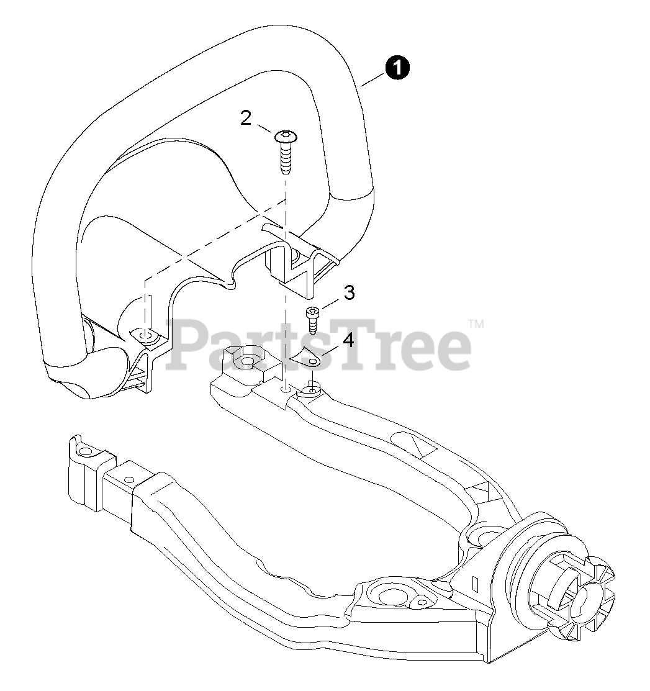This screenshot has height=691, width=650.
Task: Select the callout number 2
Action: click(246, 118)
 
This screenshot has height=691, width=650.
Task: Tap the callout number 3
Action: click(349, 292)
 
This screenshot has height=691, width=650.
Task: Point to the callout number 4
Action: click(348, 340)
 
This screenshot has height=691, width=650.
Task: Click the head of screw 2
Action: click(286, 135)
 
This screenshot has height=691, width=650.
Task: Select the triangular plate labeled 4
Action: click(309, 358)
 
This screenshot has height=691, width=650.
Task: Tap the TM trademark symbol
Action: click(476, 323)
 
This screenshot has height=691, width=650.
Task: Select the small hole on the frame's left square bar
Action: click(129, 479)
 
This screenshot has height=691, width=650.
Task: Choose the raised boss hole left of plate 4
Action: click(248, 360)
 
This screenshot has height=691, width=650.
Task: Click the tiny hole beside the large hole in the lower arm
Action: click(422, 602)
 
